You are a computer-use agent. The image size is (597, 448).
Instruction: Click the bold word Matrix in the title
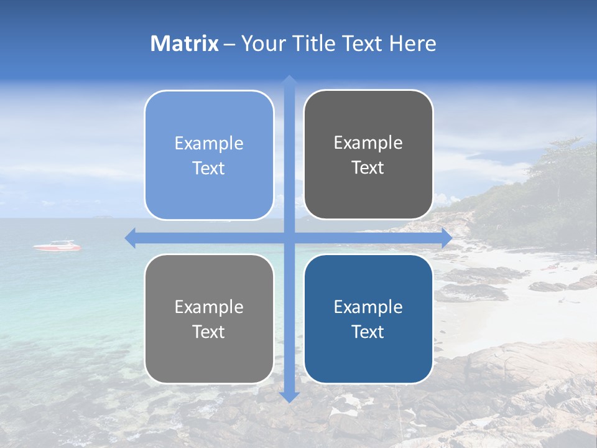coord(185,44)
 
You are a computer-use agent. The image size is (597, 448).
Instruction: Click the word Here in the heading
coord(412,44)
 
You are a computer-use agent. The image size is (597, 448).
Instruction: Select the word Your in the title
coord(262,44)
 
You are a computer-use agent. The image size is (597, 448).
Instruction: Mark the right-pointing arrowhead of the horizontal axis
coord(447,238)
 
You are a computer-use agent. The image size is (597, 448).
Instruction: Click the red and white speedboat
coord(57,246)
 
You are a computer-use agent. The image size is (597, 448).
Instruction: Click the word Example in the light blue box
coord(209,144)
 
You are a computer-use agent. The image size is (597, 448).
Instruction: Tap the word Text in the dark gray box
coord(368,168)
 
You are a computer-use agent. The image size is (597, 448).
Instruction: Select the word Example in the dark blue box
coord(368,307)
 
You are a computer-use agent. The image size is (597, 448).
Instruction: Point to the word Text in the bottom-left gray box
coord(209,332)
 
